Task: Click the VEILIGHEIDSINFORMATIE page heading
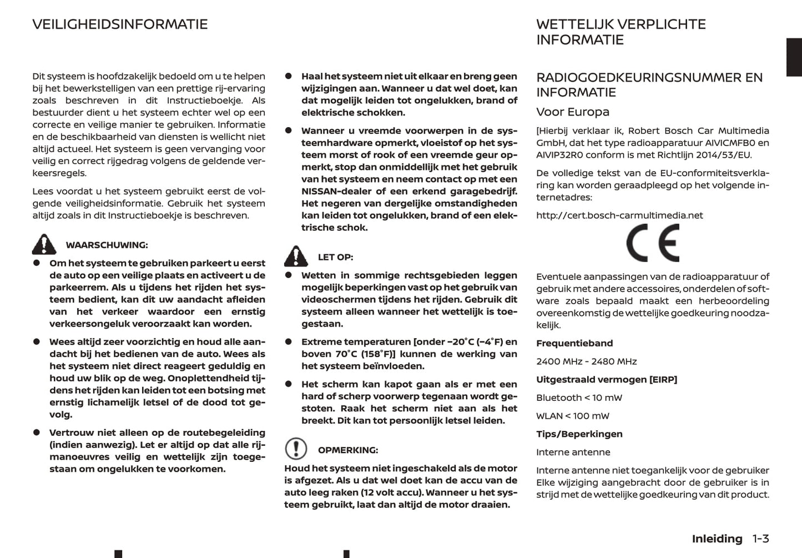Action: pyautogui.click(x=120, y=24)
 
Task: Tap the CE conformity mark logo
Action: pyautogui.click(x=652, y=243)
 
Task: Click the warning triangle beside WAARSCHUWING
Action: pyautogui.click(x=44, y=244)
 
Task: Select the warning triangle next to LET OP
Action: pyautogui.click(x=296, y=257)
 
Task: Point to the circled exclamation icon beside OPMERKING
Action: pyautogui.click(x=296, y=449)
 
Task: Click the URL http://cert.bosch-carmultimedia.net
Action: pyautogui.click(x=619, y=215)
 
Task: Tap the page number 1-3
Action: pyautogui.click(x=760, y=539)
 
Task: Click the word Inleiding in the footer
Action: pyautogui.click(x=717, y=539)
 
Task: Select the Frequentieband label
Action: pyautogui.click(x=574, y=343)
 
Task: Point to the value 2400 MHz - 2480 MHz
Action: pyautogui.click(x=586, y=361)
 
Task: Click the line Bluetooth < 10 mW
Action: pyautogui.click(x=579, y=398)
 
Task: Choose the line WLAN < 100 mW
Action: pyautogui.click(x=572, y=416)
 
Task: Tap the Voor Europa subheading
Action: pyautogui.click(x=572, y=112)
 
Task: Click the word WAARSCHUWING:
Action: pyautogui.click(x=107, y=245)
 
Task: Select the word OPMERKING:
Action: pyautogui.click(x=347, y=450)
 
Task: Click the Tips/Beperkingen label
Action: pyautogui.click(x=579, y=434)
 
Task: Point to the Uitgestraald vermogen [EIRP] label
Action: pyautogui.click(x=606, y=380)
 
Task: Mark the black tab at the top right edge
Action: pyautogui.click(x=794, y=57)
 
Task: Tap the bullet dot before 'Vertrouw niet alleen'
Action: pyautogui.click(x=37, y=433)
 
